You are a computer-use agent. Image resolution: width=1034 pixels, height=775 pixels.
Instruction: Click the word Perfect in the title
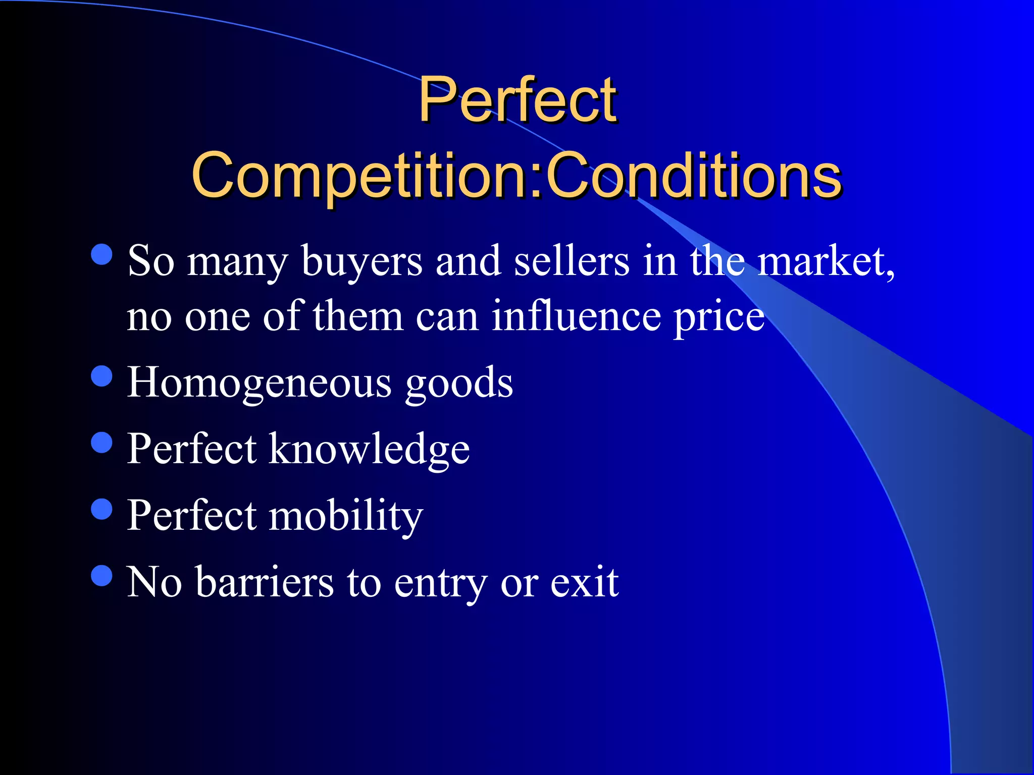[517, 99]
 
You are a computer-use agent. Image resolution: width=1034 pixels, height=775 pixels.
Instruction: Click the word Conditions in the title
[694, 176]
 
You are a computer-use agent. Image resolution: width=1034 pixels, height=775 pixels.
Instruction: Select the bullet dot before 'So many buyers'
[102, 255]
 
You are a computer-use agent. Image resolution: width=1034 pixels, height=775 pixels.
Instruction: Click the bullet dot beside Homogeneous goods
[102, 376]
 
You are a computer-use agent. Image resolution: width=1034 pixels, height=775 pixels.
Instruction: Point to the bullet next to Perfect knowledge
[102, 442]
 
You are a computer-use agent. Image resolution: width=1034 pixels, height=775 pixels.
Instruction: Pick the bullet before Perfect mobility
[102, 509]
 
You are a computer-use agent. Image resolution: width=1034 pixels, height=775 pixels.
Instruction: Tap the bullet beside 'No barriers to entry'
[102, 576]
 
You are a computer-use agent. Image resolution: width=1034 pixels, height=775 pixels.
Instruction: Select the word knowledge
[369, 449]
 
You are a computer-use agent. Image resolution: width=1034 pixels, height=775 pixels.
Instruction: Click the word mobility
[346, 516]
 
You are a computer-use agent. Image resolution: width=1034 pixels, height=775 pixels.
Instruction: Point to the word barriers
[265, 582]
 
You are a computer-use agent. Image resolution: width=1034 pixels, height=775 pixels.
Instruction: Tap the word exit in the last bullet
[584, 582]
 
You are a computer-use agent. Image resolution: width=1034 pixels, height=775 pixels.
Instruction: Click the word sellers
[572, 261]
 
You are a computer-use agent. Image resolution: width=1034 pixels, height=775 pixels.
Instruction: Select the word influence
[576, 317]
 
